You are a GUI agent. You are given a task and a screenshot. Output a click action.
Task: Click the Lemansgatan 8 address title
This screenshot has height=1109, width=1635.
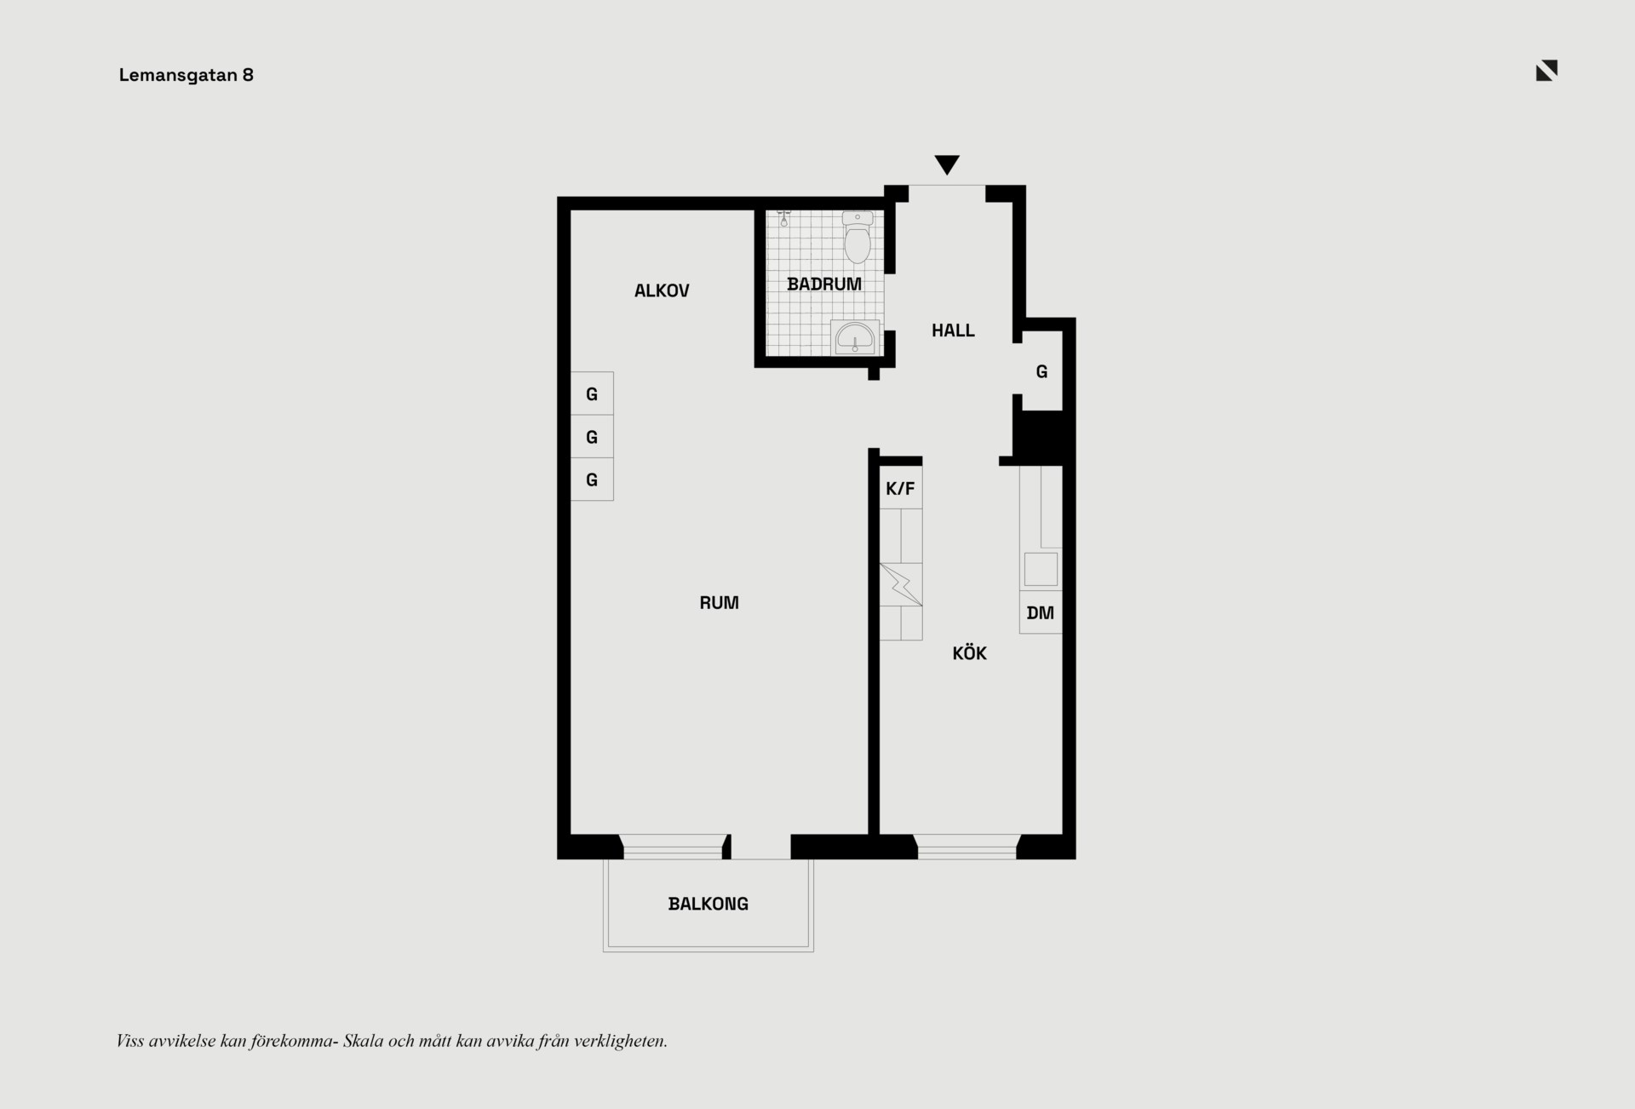click(186, 75)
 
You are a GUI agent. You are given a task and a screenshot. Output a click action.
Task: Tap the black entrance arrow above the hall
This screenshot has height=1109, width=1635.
click(947, 164)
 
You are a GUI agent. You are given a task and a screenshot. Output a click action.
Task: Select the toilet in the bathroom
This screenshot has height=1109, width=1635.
click(858, 237)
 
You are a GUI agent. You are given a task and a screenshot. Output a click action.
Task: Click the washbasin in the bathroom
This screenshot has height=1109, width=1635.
click(855, 337)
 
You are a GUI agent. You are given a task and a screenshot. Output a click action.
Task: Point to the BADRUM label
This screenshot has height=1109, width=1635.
click(823, 284)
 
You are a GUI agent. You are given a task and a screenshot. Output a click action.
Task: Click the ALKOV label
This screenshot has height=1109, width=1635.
click(662, 291)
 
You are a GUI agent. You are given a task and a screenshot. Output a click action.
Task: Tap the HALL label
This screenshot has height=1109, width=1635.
click(953, 330)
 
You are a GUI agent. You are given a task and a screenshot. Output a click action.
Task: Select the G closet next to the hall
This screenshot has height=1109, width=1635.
click(1041, 371)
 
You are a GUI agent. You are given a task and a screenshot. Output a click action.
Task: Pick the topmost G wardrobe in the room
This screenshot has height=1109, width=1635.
click(592, 394)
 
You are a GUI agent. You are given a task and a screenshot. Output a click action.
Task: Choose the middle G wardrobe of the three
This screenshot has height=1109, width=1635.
click(592, 437)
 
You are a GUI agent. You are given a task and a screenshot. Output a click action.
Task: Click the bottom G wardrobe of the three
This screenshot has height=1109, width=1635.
click(592, 480)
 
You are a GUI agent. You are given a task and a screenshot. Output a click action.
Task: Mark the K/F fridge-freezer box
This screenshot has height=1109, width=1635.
click(900, 488)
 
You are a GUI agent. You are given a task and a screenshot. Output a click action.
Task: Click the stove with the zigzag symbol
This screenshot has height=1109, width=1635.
click(901, 584)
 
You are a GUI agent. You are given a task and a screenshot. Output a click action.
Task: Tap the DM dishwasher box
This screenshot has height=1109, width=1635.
click(1041, 612)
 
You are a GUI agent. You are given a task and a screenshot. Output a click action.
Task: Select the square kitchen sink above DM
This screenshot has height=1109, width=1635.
click(1041, 569)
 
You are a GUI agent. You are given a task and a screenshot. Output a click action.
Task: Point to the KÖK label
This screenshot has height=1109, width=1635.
click(969, 653)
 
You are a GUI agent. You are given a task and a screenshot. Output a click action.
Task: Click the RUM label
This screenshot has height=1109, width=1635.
click(719, 603)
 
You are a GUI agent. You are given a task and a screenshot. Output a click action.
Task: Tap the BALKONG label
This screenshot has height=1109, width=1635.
click(708, 904)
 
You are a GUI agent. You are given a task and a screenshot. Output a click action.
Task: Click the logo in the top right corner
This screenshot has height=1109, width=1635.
click(1546, 71)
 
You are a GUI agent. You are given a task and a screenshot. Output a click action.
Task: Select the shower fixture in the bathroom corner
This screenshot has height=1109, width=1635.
click(783, 217)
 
